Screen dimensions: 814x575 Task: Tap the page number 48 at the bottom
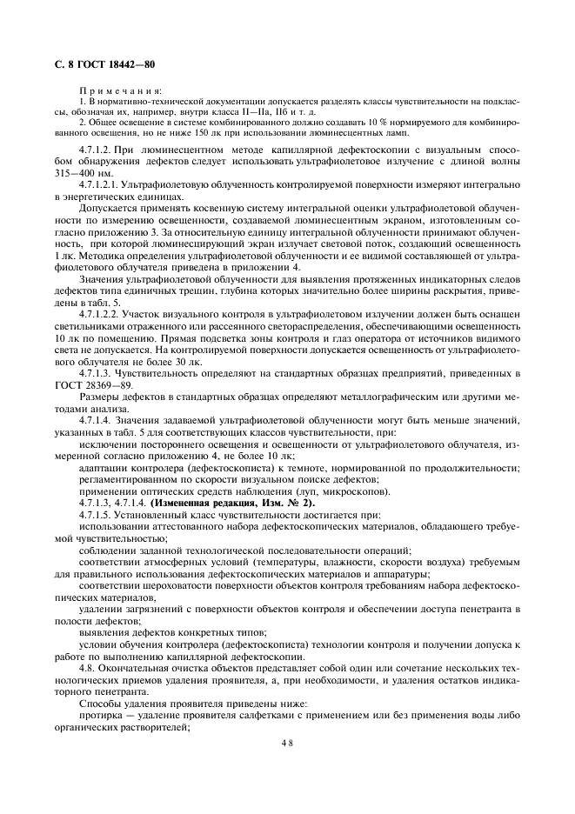coord(287,744)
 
